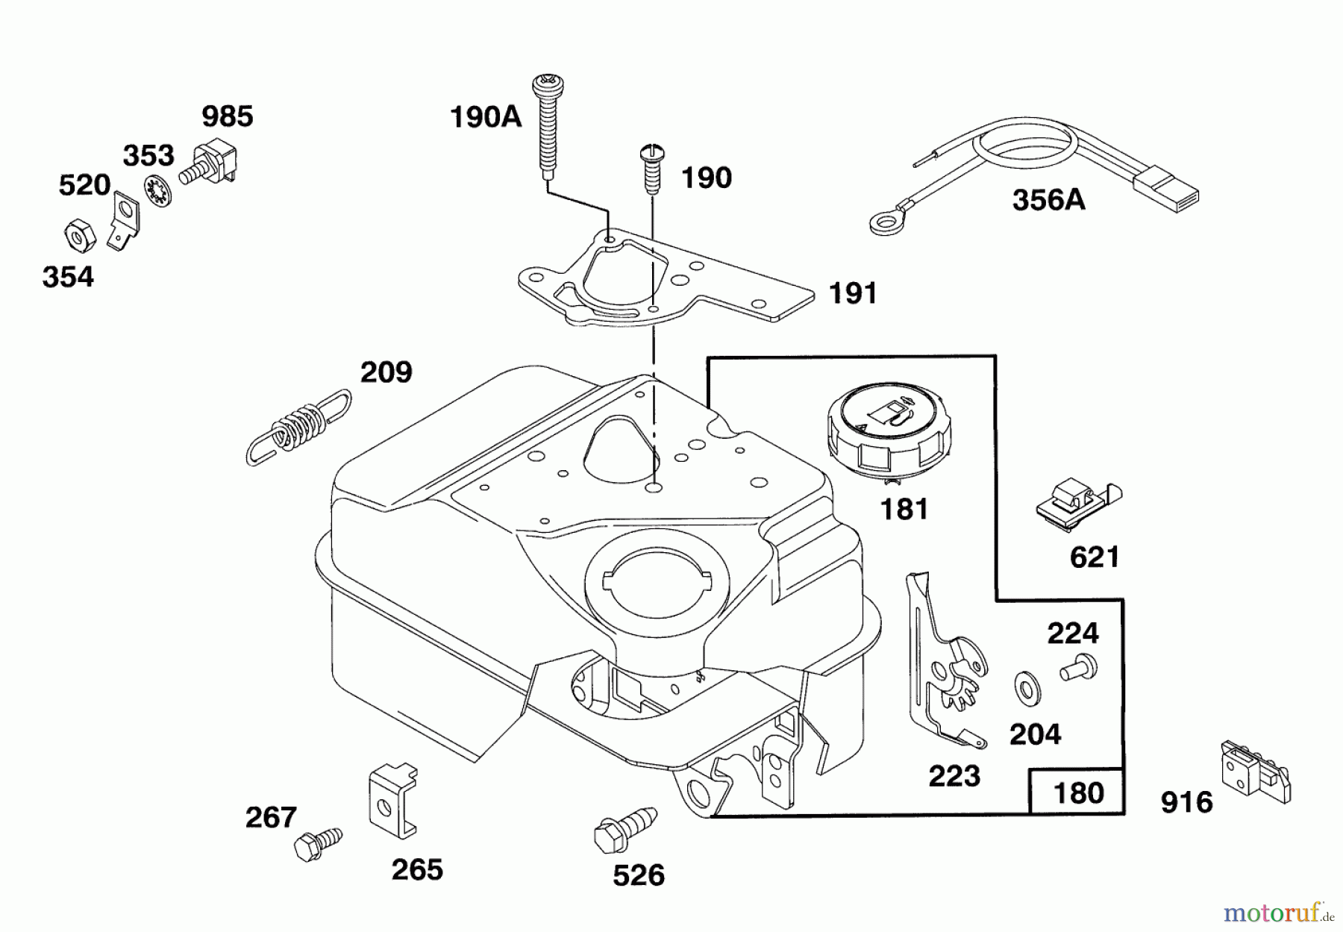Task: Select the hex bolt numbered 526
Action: click(625, 826)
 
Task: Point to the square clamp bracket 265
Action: click(393, 798)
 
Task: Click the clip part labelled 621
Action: click(1079, 504)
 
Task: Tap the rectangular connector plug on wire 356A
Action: click(1166, 190)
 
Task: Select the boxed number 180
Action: click(1077, 792)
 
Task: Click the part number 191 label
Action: click(853, 293)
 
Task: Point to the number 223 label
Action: click(954, 776)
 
